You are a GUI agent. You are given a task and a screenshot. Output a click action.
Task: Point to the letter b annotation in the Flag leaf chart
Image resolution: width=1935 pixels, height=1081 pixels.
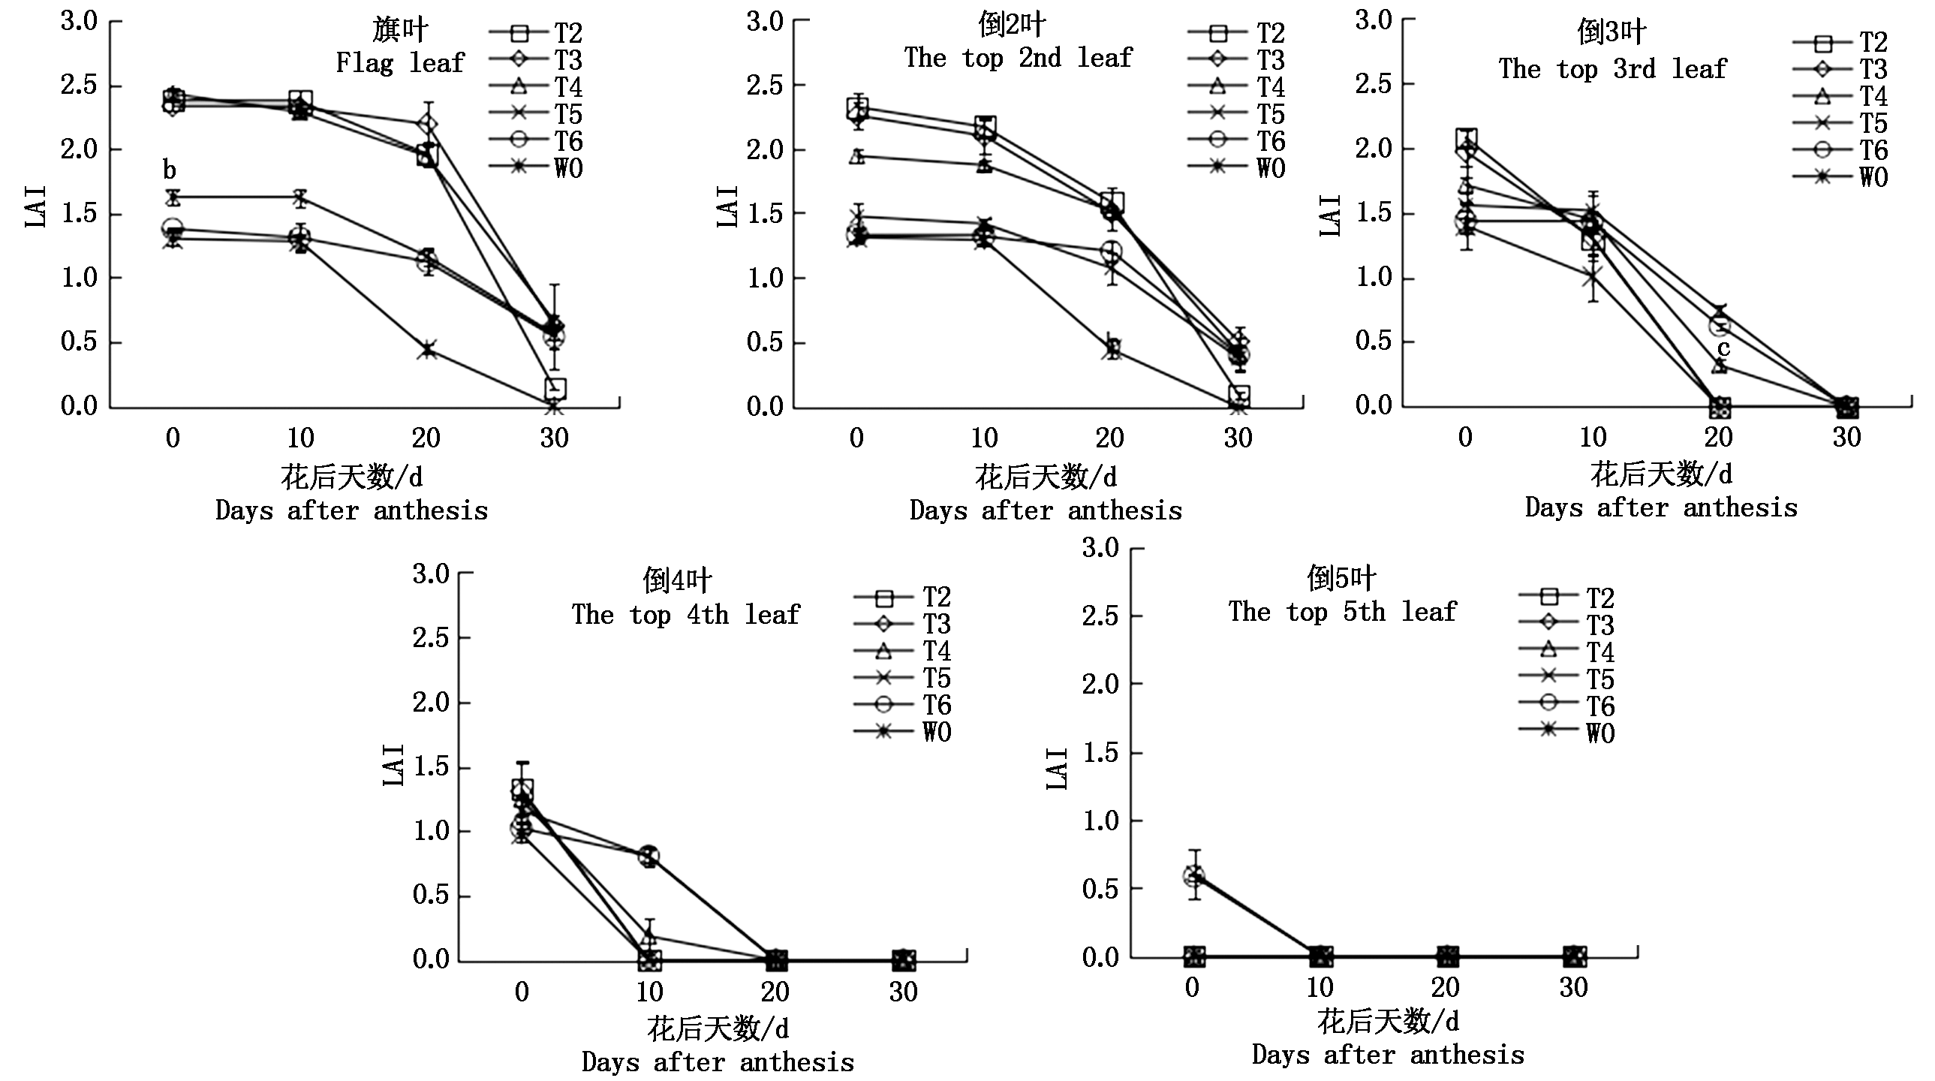[x=170, y=170]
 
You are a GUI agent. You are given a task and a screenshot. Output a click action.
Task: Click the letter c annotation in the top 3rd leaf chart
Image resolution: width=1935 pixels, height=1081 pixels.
[x=1723, y=348]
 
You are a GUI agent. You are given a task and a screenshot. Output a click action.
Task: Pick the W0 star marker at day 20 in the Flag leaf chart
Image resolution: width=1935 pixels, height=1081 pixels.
[x=427, y=350]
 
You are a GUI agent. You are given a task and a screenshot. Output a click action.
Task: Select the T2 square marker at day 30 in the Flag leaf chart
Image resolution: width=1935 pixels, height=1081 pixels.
[x=555, y=388]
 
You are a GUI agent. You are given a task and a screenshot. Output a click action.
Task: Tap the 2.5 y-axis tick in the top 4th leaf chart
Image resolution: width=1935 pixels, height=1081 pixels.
[x=430, y=639]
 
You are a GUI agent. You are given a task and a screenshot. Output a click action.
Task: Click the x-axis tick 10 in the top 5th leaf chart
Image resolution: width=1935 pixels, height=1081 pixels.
[x=1320, y=987]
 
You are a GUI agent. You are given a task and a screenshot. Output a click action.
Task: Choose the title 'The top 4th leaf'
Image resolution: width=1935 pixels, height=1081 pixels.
[x=685, y=615]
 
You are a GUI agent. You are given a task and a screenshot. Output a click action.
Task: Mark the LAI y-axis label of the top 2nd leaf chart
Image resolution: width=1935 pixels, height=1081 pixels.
[x=727, y=206]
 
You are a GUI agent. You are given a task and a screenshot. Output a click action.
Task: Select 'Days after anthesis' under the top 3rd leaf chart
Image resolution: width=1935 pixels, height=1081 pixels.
[x=1661, y=507]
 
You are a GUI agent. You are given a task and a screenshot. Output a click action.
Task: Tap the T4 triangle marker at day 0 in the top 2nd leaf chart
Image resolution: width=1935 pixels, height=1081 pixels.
[x=857, y=156]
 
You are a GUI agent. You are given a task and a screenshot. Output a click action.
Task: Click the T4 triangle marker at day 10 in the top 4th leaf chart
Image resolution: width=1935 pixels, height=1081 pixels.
[x=650, y=937]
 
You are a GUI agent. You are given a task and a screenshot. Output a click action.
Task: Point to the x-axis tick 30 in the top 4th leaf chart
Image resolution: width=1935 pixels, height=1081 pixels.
[x=903, y=992]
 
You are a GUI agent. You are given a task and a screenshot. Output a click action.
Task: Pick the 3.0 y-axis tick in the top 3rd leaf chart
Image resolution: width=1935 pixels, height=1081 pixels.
[x=1373, y=20]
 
